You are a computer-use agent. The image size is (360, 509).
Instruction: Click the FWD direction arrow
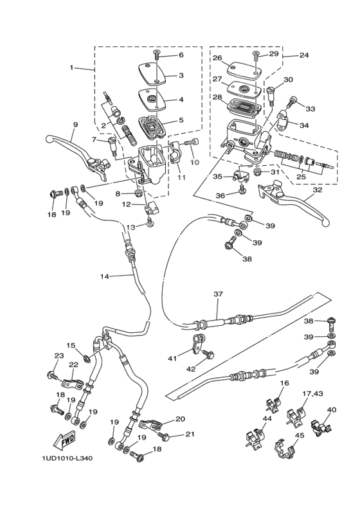[66, 442]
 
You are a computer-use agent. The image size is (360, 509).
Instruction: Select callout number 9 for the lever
[75, 125]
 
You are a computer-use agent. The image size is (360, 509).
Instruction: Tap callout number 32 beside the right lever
[316, 190]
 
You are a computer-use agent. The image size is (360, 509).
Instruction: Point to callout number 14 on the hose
[105, 276]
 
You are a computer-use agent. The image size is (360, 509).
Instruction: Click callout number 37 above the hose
[218, 294]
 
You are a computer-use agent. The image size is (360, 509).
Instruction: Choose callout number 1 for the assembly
[72, 67]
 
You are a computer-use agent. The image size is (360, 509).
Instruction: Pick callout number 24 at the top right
[303, 55]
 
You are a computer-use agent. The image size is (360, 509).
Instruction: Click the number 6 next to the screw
[181, 55]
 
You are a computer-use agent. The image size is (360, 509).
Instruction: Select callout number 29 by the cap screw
[274, 54]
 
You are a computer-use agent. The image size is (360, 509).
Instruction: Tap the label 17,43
[313, 393]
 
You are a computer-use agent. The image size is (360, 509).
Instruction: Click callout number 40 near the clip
[331, 409]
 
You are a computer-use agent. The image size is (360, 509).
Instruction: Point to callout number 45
[299, 435]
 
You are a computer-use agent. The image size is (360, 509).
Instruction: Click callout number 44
[266, 418]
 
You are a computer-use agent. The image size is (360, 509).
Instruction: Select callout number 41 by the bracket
[172, 358]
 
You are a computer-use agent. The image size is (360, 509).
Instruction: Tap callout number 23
[59, 356]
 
